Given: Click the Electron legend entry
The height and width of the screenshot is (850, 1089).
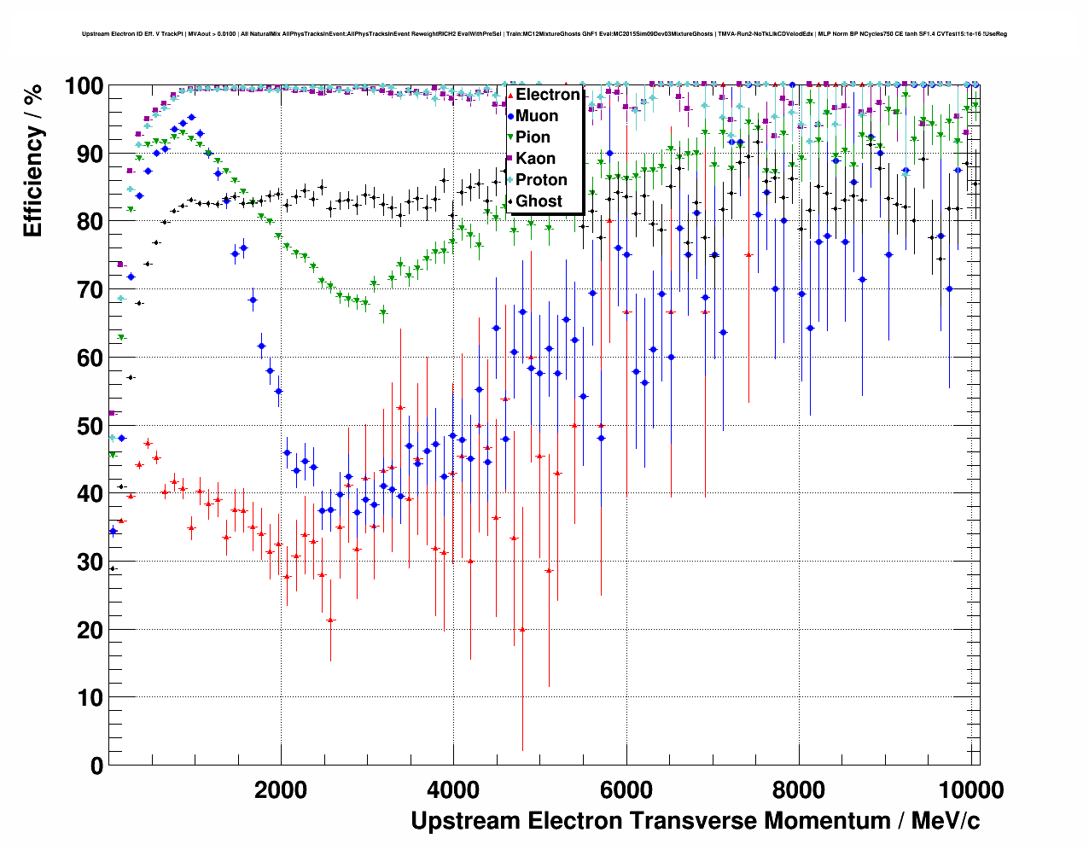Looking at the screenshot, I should point(547,95).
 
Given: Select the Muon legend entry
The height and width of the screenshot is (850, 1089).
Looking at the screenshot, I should point(537,116).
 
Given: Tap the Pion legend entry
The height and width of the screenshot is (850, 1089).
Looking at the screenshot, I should point(533,137).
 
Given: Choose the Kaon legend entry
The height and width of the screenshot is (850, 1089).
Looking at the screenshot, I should point(535,159).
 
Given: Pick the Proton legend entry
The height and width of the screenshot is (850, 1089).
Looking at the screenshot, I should point(541,180).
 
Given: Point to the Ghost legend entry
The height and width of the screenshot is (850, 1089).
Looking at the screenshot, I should point(539,201).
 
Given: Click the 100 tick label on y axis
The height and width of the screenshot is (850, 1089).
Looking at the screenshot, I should point(84,86).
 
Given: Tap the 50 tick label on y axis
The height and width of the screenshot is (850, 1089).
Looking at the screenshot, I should point(90,426).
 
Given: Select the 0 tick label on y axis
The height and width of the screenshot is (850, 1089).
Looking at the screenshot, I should point(96,766).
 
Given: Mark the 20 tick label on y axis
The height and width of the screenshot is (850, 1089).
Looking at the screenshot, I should point(90,630).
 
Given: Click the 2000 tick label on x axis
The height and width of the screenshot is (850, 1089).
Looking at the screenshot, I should point(281,789).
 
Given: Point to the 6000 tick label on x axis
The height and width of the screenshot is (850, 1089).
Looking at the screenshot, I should point(626,789).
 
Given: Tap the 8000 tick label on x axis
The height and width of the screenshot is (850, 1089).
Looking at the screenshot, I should point(799,789).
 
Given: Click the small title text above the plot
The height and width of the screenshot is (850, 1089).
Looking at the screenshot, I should point(544,34).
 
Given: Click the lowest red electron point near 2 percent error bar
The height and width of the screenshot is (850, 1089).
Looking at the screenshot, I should point(522,630).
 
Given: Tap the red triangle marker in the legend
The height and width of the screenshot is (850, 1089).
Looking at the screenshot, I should point(510,95).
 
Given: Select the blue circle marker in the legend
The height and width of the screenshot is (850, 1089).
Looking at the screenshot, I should point(510,116).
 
